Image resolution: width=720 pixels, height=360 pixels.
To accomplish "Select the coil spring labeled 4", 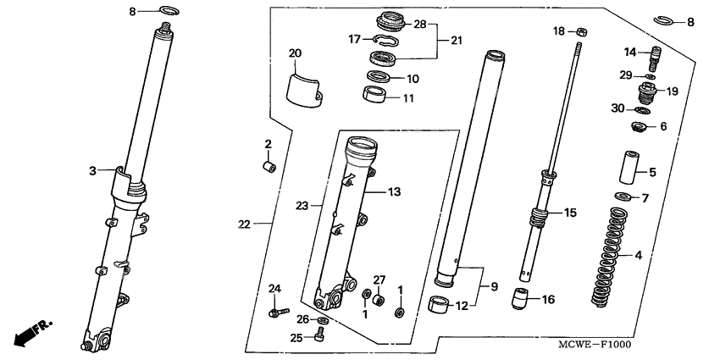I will [x=611, y=259].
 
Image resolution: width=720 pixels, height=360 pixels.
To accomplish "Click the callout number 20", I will [x=295, y=53].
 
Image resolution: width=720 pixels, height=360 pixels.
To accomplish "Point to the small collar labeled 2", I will [x=268, y=165].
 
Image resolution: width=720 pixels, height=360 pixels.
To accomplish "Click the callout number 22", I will [x=244, y=224].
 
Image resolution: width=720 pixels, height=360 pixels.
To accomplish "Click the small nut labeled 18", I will [x=581, y=32].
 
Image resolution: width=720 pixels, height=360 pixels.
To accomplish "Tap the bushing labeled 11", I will [x=375, y=94].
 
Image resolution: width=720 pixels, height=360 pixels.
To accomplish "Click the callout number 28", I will [x=420, y=24].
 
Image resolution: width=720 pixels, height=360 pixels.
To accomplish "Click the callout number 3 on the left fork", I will [x=91, y=170].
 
